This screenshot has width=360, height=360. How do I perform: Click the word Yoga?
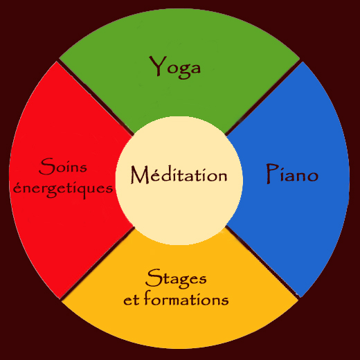175,67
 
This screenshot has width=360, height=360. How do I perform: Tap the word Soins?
63,166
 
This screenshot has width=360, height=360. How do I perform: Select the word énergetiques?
63,189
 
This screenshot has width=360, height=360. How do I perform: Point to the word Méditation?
179,174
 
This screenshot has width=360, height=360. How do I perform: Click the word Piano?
292,174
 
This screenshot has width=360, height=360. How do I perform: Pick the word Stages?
176,278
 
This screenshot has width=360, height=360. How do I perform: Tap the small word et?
132,300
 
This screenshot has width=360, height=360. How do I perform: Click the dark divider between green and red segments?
95,98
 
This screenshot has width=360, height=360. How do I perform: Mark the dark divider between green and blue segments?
263,98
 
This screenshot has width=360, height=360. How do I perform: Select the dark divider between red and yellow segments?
97,263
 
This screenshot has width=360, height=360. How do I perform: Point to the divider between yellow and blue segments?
262,262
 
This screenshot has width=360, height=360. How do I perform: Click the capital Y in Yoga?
158,66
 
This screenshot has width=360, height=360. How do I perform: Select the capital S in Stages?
154,278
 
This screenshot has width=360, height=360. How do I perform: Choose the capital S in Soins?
47,166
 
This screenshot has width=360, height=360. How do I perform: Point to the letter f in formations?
147,298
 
